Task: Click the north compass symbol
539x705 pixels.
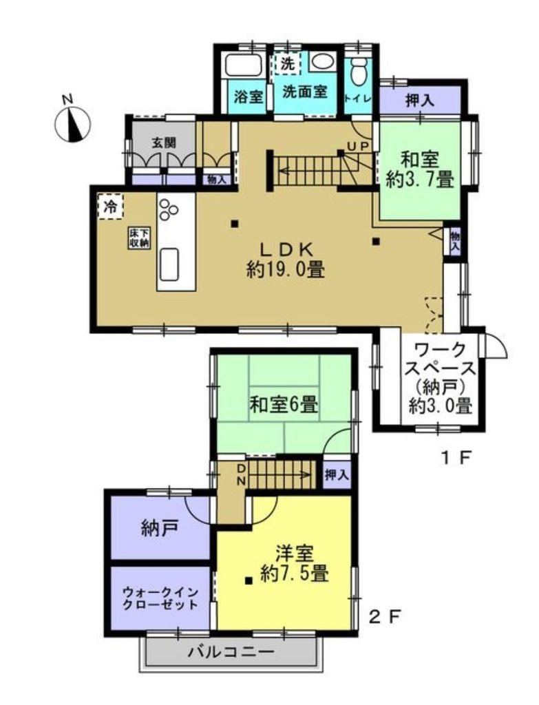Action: point(72,123)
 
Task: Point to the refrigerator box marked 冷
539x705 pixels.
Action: point(109,207)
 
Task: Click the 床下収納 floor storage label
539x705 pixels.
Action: point(139,238)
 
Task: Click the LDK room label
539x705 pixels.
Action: point(286,260)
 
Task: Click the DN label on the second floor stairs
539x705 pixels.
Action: point(240,475)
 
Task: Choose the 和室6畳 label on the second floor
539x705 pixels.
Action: point(284,405)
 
